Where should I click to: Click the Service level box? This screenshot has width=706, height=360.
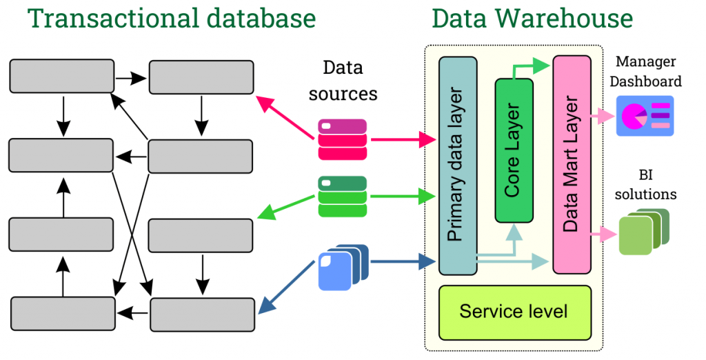click(514, 312)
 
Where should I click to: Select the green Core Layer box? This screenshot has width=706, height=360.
click(514, 150)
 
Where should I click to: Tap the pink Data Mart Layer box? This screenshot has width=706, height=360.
click(572, 164)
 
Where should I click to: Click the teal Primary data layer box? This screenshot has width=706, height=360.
click(458, 166)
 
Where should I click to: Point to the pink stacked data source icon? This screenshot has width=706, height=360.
click(343, 139)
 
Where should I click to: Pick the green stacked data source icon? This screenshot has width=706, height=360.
click(343, 197)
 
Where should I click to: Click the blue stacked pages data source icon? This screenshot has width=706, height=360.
click(343, 268)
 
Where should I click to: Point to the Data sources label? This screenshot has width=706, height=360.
click(343, 80)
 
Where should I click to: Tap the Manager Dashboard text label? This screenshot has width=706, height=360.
click(647, 72)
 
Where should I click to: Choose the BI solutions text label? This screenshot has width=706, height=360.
click(646, 184)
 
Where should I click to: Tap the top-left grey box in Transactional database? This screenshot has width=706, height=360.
click(61, 76)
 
